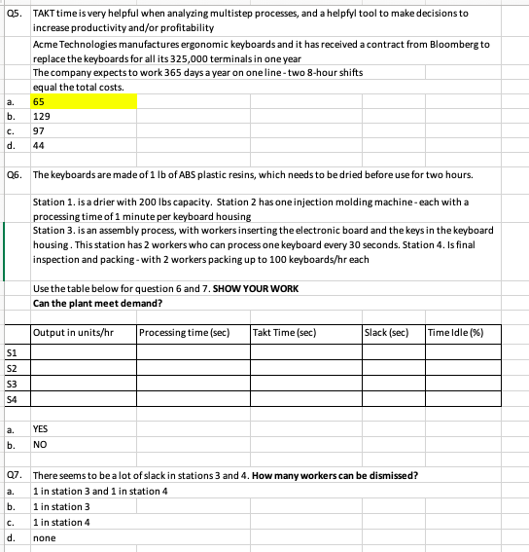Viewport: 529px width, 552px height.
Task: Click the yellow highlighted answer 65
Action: [40, 101]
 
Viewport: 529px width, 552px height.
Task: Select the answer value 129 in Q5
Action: [42, 115]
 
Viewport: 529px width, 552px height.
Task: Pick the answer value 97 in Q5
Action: [40, 130]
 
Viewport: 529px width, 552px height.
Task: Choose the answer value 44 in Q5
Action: [40, 145]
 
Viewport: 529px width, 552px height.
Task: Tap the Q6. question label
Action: [14, 173]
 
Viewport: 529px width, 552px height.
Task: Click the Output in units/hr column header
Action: [74, 333]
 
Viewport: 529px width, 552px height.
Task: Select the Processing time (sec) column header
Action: [184, 333]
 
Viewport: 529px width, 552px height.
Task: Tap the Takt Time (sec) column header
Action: [284, 333]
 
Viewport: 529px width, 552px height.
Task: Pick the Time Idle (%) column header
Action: [456, 333]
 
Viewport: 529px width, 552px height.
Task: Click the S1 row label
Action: [12, 353]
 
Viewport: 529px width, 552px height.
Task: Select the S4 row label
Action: [12, 398]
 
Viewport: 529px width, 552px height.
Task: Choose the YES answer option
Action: [41, 427]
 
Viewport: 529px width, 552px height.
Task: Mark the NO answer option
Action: [40, 443]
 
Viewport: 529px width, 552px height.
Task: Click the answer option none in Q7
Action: [43, 535]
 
